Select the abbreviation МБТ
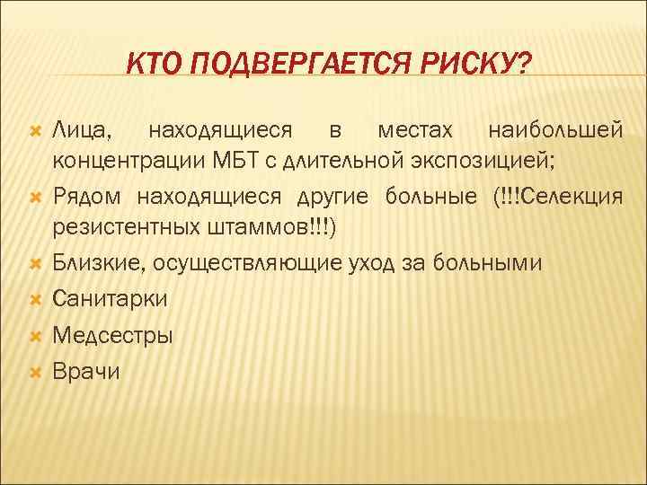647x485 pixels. point(253,163)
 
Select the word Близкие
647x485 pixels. point(99,262)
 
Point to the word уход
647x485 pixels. point(366,262)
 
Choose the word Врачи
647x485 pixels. point(86,370)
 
